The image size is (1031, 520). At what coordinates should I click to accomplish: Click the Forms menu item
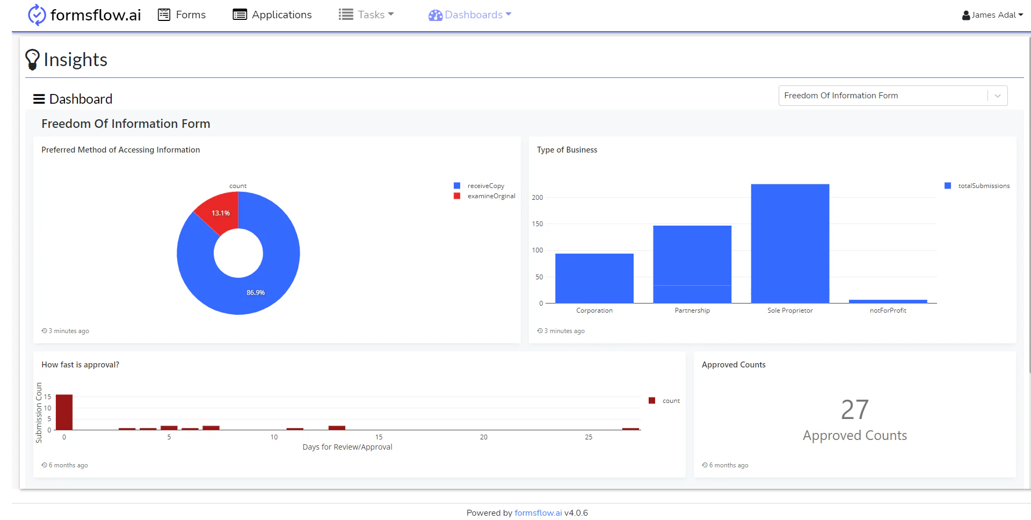point(182,15)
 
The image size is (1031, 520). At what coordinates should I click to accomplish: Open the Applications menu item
point(272,15)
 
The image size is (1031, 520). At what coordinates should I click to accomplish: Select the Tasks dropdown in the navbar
point(367,15)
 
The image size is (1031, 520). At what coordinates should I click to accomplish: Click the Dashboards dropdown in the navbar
point(470,15)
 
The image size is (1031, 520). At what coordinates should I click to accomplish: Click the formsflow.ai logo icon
point(37,15)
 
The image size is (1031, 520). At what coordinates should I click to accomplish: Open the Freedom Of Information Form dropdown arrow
point(997,96)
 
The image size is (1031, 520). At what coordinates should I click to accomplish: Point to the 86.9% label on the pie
point(256,293)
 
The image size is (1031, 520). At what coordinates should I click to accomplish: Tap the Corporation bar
point(594,278)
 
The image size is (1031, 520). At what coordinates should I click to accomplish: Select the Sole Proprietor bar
point(790,243)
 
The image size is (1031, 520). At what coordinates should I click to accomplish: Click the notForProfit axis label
point(888,310)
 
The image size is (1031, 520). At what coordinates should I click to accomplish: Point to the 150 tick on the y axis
point(538,224)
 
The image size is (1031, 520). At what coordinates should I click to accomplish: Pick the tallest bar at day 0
point(64,412)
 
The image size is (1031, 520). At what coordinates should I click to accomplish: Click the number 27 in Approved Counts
point(854,410)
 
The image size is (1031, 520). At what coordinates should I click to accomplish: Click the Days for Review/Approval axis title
point(347,447)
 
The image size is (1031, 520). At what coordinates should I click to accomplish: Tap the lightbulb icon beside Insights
point(32,59)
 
